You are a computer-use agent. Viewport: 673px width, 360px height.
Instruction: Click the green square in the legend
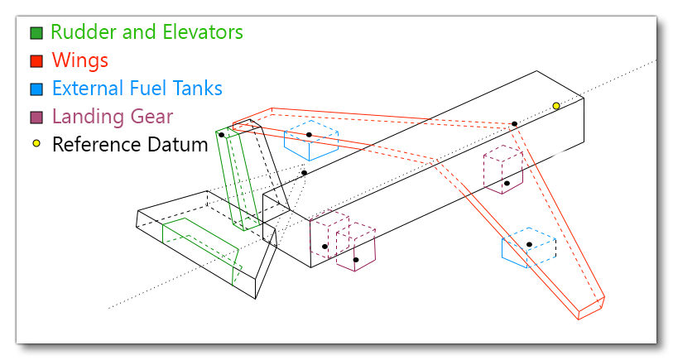point(36,33)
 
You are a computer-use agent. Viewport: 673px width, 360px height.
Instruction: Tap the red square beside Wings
point(36,60)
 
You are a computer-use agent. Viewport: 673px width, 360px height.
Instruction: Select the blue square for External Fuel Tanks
point(36,89)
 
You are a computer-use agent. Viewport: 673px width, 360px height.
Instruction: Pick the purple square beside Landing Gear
point(36,117)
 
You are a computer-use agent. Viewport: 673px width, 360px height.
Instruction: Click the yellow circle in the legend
point(36,144)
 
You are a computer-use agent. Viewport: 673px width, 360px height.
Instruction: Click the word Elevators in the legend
point(204,32)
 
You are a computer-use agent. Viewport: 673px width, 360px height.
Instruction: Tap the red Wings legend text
point(79,60)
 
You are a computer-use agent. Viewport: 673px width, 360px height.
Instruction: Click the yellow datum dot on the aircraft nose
point(556,106)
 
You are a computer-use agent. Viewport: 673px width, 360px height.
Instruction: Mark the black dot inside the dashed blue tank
point(309,135)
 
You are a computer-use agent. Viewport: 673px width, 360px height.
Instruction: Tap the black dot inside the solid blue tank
point(529,244)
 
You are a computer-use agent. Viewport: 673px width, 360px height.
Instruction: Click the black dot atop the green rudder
point(221,134)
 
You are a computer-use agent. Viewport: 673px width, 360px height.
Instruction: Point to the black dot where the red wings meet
point(514,124)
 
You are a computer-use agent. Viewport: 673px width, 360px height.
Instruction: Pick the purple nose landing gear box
point(502,170)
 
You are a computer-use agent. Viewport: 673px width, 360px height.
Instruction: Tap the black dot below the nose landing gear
point(507,184)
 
